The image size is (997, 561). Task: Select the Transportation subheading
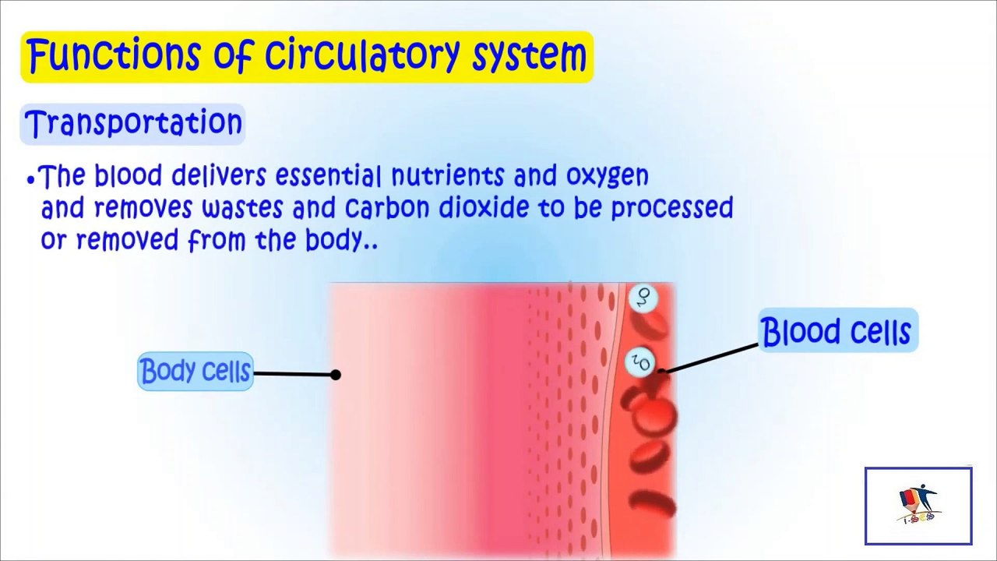pos(133,124)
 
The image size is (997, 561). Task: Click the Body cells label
pos(196,372)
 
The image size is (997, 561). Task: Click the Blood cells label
pos(837,331)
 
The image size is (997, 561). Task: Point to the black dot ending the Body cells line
pos(336,375)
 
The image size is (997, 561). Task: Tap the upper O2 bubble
pos(643,297)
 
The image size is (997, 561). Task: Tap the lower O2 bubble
pos(640,362)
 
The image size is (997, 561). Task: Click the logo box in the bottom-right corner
pos(918,506)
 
